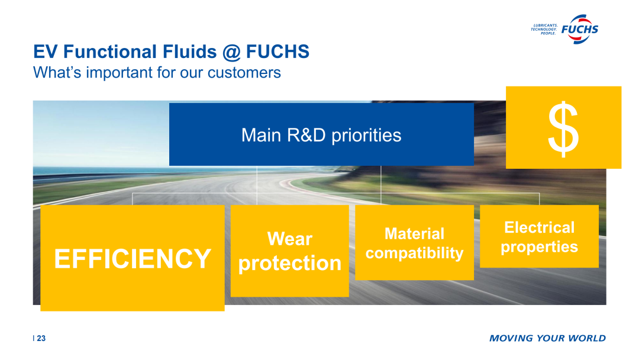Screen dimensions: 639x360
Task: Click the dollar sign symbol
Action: [563, 129]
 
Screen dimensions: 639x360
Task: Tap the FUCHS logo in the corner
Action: [580, 30]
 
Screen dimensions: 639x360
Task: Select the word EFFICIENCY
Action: [133, 259]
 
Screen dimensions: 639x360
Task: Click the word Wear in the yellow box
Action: [290, 239]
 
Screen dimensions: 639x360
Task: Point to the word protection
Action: [290, 263]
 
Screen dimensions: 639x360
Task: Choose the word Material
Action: [414, 234]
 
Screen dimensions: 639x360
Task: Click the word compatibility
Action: [414, 253]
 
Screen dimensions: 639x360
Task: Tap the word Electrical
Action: [539, 227]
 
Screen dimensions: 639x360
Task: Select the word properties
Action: [539, 247]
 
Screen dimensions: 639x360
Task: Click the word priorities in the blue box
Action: [366, 136]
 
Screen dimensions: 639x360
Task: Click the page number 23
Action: [41, 339]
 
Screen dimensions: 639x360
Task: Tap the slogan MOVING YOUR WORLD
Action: [547, 339]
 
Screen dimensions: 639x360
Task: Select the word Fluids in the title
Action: [189, 52]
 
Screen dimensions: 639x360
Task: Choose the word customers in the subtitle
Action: [244, 73]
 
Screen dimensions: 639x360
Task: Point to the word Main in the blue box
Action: [262, 136]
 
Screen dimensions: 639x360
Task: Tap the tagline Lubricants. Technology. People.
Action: [544, 30]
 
